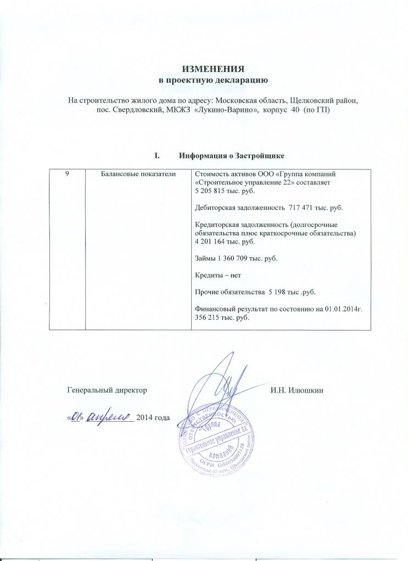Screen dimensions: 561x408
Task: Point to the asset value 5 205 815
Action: (211, 190)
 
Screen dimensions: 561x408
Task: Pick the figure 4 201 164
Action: (211, 241)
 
